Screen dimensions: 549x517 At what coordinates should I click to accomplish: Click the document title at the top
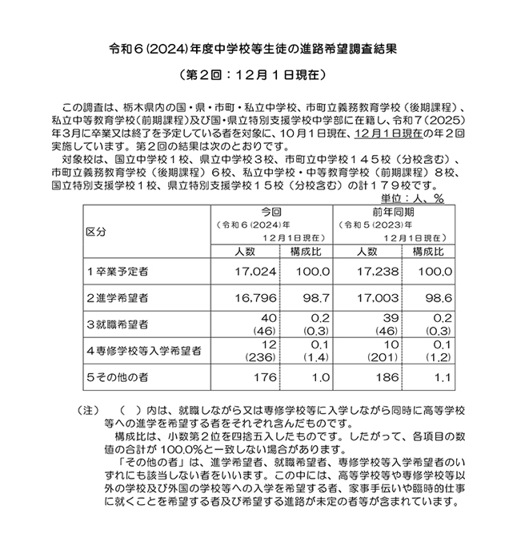258,47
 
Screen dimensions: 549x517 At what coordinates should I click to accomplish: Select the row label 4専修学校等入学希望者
143,350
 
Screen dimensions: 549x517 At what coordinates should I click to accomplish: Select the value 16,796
256,297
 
